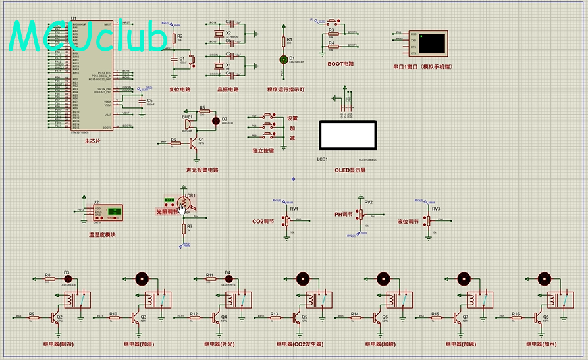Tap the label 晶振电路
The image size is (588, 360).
tap(227, 89)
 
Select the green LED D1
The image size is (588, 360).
tap(284, 59)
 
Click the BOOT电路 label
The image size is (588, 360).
tap(340, 64)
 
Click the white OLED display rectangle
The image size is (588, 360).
tap(347, 136)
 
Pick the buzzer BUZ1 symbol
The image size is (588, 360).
tap(187, 123)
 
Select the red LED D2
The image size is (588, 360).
tap(215, 120)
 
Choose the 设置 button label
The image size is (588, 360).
tap(292, 118)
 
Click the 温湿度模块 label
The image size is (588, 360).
tap(102, 234)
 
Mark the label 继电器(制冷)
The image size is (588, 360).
tap(58, 344)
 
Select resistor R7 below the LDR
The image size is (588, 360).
tap(184, 228)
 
